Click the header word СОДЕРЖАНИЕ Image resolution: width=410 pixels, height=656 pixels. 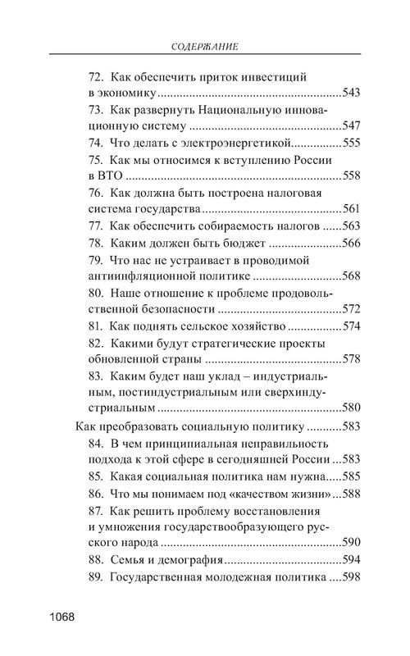coord(205,47)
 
